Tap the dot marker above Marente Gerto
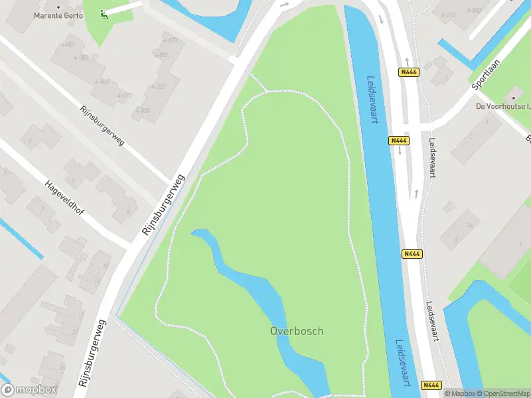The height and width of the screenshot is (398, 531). pyautogui.click(x=58, y=7)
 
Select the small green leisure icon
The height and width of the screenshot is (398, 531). pyautogui.click(x=103, y=15)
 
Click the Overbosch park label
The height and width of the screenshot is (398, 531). pyautogui.click(x=297, y=331)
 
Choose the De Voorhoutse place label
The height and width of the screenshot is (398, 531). pyautogui.click(x=502, y=106)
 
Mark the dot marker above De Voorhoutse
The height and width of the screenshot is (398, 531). pyautogui.click(x=513, y=96)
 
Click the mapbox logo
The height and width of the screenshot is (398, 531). pyautogui.click(x=29, y=390)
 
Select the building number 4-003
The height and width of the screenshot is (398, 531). pyautogui.click(x=81, y=58)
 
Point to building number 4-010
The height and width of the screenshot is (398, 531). pyautogui.click(x=124, y=95)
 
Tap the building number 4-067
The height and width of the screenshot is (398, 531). pyautogui.click(x=158, y=86)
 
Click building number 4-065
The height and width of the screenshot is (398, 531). pyautogui.click(x=143, y=110)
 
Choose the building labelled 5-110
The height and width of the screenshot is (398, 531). pyautogui.click(x=447, y=15)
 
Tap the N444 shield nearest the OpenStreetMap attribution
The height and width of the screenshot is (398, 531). pyautogui.click(x=431, y=385)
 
